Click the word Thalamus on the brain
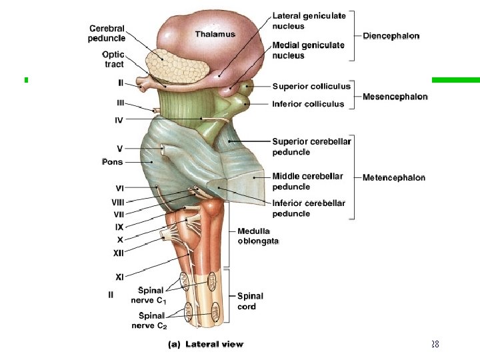(x=215, y=34)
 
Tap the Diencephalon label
(x=391, y=36)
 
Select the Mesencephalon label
(x=395, y=97)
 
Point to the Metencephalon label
(x=394, y=177)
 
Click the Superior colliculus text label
(x=311, y=86)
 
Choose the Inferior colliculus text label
(x=308, y=104)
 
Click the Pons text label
(x=113, y=161)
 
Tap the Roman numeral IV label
(x=119, y=120)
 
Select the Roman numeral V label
(x=120, y=149)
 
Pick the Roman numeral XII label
(x=119, y=253)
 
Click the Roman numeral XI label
(x=119, y=277)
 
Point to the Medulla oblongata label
(x=258, y=236)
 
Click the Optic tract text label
(x=113, y=59)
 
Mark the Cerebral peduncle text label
(x=107, y=33)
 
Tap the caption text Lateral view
(x=214, y=345)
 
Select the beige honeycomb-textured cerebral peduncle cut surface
(x=176, y=67)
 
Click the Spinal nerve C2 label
(x=149, y=321)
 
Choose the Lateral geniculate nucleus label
(x=309, y=21)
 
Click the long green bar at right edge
(x=456, y=80)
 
